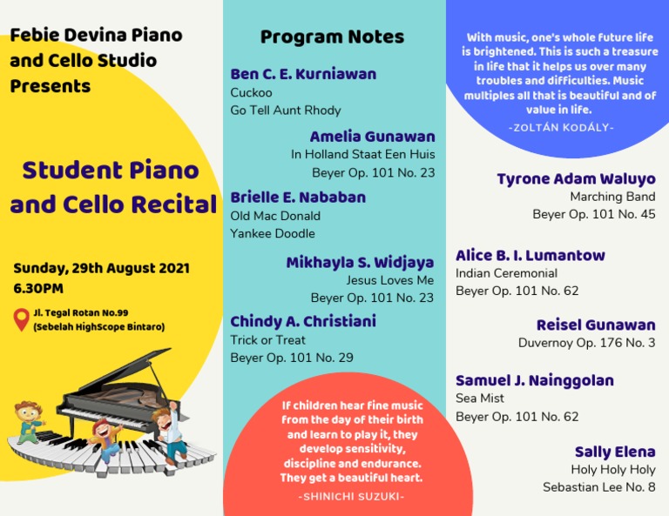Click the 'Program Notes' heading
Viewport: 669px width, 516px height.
tap(332, 37)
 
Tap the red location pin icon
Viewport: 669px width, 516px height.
tap(21, 318)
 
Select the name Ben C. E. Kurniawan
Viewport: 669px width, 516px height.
tap(303, 74)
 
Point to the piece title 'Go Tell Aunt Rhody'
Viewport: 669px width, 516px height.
tap(286, 111)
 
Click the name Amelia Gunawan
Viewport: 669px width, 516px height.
tap(372, 137)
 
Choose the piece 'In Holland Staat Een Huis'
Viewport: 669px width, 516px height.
tap(362, 155)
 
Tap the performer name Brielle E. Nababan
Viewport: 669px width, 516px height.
tap(298, 198)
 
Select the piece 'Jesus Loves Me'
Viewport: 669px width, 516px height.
tap(389, 280)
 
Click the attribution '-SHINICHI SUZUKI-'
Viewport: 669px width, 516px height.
tap(351, 497)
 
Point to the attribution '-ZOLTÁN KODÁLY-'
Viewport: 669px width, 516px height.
tap(561, 127)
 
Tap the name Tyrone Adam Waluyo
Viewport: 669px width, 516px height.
tap(576, 179)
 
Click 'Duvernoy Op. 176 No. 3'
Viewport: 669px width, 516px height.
tap(586, 343)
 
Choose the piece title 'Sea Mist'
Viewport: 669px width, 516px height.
tap(480, 399)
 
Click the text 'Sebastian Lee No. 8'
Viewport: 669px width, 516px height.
tap(598, 487)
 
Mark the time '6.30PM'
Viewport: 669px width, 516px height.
tap(38, 288)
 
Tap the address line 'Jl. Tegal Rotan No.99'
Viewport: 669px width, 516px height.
tap(81, 312)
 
